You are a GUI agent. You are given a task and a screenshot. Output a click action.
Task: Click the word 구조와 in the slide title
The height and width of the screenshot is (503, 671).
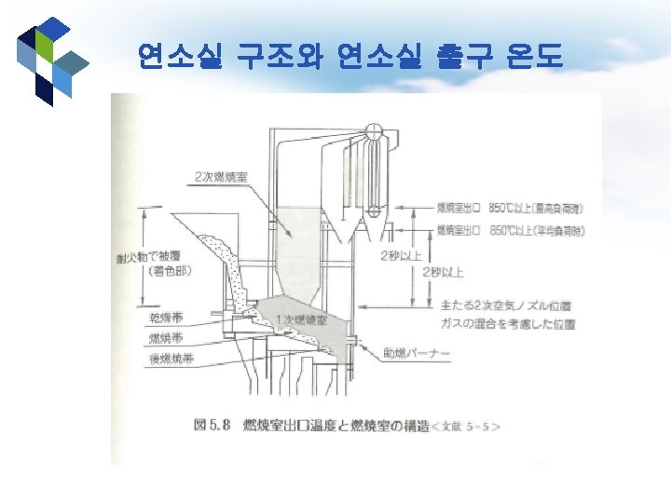tap(276, 58)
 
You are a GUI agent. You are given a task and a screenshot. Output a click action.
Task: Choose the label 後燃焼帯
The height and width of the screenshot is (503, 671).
tap(171, 358)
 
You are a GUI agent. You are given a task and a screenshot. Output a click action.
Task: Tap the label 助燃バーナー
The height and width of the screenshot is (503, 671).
tap(418, 353)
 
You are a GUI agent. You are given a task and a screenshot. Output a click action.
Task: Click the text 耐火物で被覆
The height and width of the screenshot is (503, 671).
tap(150, 256)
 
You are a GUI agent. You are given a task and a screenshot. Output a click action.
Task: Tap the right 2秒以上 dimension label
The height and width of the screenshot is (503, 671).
tap(443, 272)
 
